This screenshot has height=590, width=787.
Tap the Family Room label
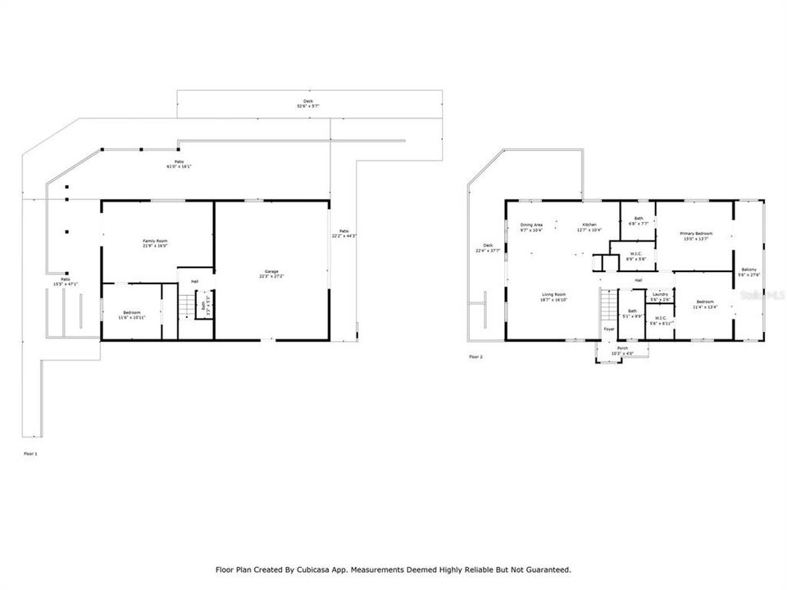[155, 243]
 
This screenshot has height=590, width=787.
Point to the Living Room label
[554, 297]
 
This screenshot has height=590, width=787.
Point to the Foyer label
[609, 329]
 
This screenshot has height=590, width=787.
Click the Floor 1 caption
[30, 453]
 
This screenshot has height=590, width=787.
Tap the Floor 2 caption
[475, 357]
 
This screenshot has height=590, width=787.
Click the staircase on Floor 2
[607, 306]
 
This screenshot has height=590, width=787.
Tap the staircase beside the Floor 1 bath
[186, 307]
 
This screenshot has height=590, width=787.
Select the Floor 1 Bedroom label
[131, 314]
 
